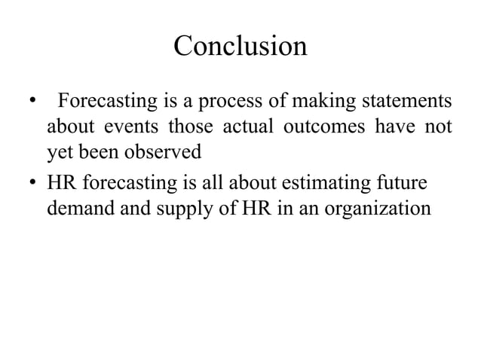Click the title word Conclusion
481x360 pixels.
(240, 46)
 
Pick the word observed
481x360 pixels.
(163, 151)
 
